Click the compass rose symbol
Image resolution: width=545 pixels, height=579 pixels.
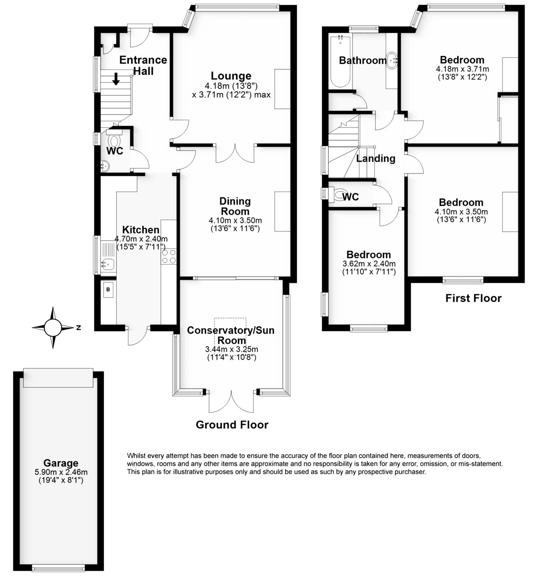[53, 328]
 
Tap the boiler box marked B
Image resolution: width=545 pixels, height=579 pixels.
[108, 289]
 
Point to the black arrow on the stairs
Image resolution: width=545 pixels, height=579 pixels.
[116, 79]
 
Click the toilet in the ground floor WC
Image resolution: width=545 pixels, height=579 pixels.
[114, 141]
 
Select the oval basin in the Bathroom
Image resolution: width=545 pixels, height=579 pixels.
[392, 61]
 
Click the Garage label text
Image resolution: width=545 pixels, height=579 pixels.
[60, 463]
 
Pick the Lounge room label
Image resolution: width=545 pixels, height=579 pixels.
[231, 76]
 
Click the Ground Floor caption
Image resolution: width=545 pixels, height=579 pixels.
[232, 425]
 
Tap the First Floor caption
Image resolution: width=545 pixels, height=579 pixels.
[474, 298]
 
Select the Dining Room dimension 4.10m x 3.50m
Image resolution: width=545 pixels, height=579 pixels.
[235, 221]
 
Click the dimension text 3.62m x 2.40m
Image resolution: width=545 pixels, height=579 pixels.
[369, 264]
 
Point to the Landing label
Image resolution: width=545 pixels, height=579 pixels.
[375, 158]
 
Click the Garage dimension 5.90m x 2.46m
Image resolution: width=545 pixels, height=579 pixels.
[61, 472]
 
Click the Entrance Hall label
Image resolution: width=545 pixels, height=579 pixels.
[143, 65]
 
